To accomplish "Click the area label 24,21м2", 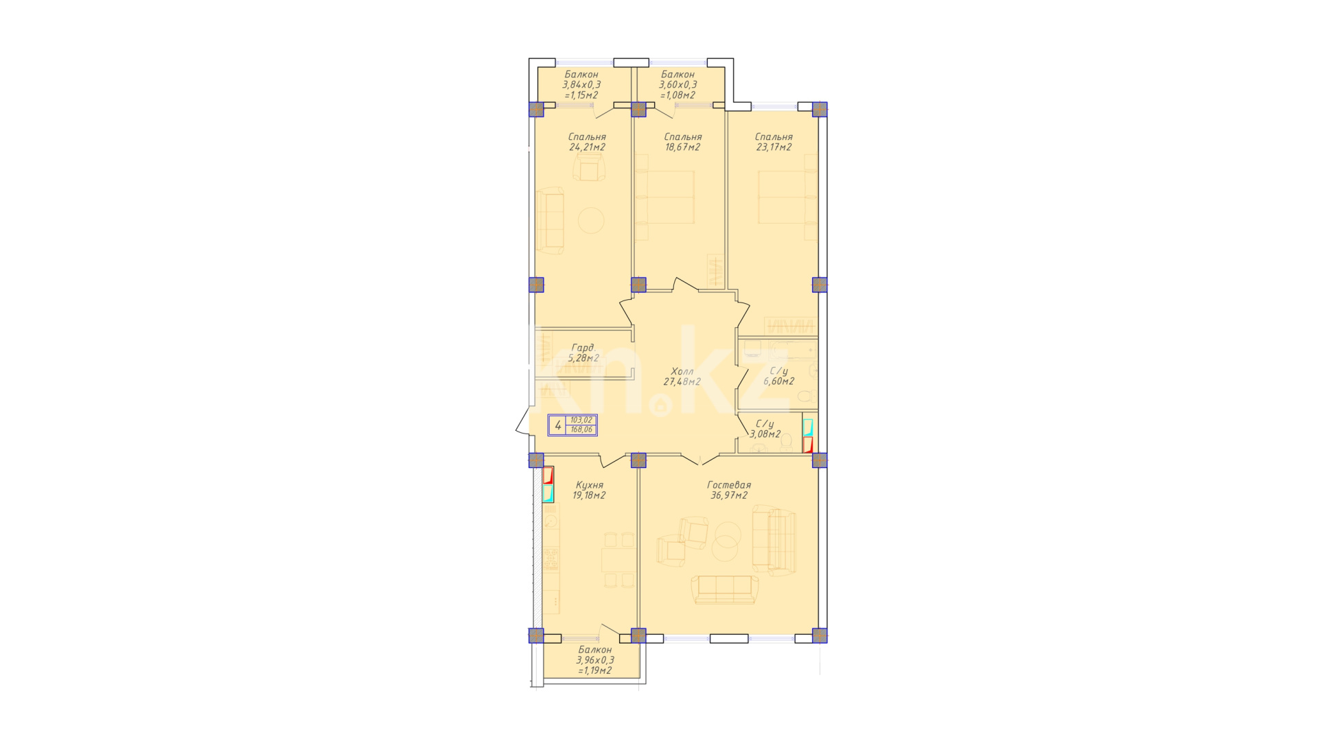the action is click(x=587, y=147).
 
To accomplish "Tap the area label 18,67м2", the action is click(x=682, y=147).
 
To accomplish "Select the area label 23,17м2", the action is click(x=774, y=147).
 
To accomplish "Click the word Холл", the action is click(x=682, y=371).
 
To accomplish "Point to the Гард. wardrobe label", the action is click(x=583, y=348).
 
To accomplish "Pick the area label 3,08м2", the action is click(x=765, y=434).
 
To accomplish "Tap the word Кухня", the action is click(x=590, y=485).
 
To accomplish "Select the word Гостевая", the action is click(x=729, y=485).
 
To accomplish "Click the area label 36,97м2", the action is click(x=729, y=495).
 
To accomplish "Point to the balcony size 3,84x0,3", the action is click(x=581, y=84).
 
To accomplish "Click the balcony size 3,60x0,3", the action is click(x=678, y=84).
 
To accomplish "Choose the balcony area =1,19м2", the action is click(x=595, y=670).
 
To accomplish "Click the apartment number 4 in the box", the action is click(x=558, y=425).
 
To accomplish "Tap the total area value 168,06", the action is click(x=581, y=430).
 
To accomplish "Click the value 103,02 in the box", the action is click(x=581, y=420).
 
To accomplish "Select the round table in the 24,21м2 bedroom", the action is click(x=591, y=221).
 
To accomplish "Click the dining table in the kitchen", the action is click(x=618, y=561).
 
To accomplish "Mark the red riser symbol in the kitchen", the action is click(x=548, y=475).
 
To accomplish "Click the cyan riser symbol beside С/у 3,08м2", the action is click(x=808, y=427).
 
